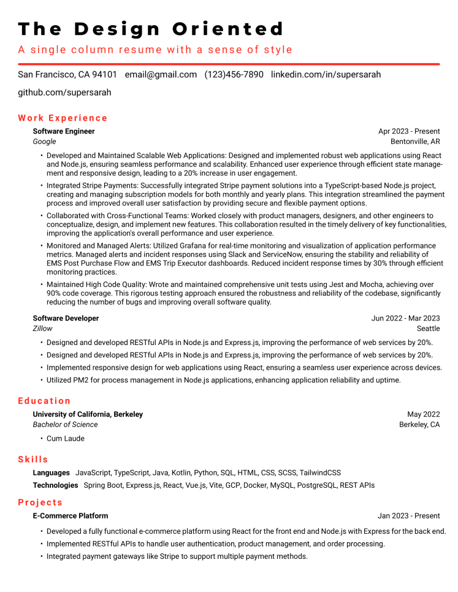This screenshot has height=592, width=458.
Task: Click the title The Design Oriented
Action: coord(151,29)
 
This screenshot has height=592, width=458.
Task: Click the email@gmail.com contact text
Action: coord(161,75)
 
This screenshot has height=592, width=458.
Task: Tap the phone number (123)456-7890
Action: coord(234,75)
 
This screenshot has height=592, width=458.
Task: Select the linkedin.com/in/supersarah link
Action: coord(326,75)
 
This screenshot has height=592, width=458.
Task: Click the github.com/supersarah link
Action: coord(64,93)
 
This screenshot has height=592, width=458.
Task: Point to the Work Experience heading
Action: coord(63,118)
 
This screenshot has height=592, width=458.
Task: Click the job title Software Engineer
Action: coord(64,131)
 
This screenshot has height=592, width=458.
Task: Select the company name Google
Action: coord(44,142)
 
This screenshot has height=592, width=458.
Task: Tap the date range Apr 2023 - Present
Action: coord(409,131)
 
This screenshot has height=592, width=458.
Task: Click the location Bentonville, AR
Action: coord(415,142)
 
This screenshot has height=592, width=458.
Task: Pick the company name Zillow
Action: coord(42,328)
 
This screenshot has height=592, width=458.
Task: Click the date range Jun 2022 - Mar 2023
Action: coord(405,318)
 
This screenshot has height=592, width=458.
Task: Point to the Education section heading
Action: coord(44,401)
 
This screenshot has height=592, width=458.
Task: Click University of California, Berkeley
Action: coord(88,414)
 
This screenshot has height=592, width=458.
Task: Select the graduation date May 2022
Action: coord(423,414)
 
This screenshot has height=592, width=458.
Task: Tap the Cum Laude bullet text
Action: coord(66,439)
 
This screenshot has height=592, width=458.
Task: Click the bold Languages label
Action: coord(51,472)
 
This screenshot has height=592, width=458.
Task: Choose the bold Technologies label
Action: coord(55,485)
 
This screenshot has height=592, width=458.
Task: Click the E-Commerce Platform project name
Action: coord(71,516)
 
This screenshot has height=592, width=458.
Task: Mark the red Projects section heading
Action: coord(40,503)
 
